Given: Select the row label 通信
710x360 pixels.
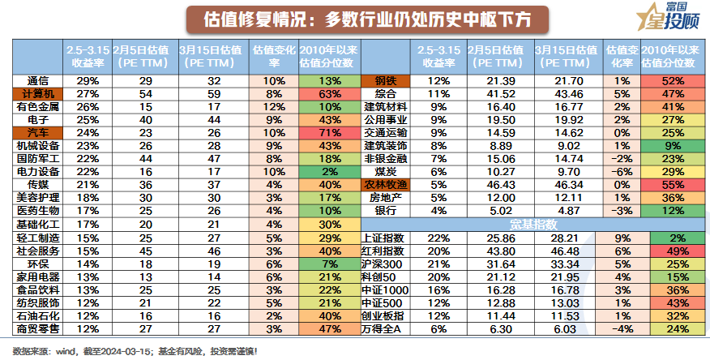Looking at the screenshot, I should coord(38,80).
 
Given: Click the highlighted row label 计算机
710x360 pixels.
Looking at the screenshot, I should coord(38,93).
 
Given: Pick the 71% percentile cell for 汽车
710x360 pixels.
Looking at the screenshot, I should coord(329,132).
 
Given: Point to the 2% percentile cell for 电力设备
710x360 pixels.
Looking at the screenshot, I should coord(329,171).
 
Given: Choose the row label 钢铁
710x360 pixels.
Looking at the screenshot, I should coord(385,80).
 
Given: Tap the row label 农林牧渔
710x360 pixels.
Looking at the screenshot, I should coord(385,184).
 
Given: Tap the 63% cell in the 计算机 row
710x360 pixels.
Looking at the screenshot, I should coord(329,93).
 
